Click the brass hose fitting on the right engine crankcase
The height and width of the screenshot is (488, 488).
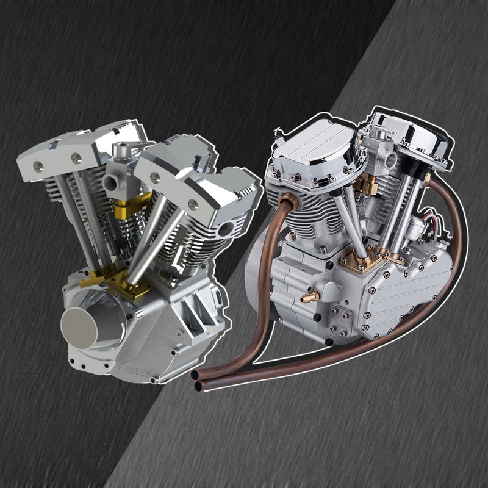[x=309, y=297]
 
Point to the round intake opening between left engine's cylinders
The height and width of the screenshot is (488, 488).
[x=111, y=182]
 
